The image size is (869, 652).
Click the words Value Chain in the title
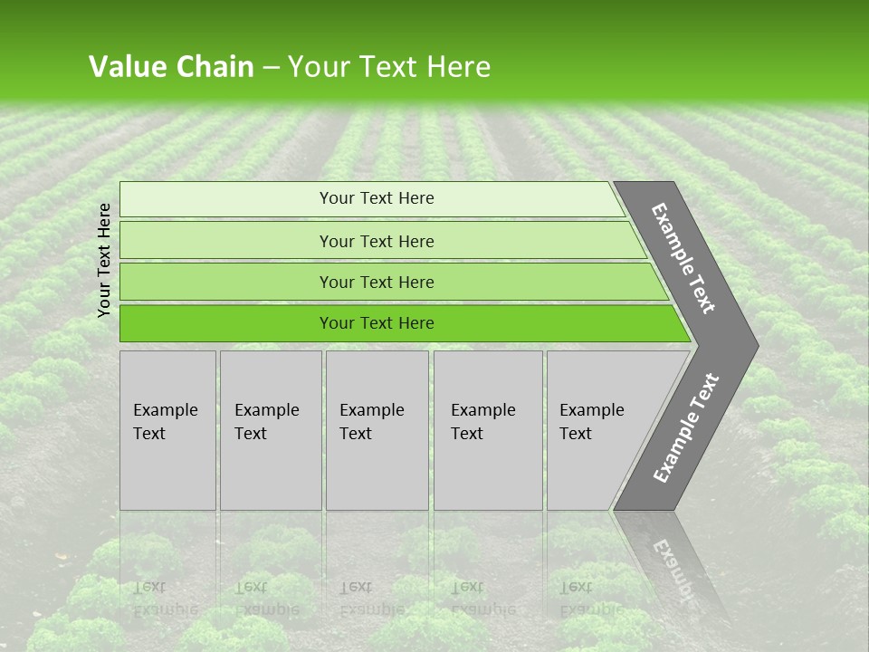[x=171, y=66]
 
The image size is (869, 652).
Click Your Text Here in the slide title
[x=389, y=66]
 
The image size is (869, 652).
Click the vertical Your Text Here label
[x=104, y=260]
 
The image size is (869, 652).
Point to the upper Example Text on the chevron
[x=683, y=258]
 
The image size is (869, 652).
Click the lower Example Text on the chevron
[x=686, y=427]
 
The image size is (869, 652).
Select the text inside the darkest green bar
[x=377, y=323]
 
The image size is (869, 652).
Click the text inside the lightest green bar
[x=377, y=198]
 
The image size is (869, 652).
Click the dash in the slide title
[x=271, y=67]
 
